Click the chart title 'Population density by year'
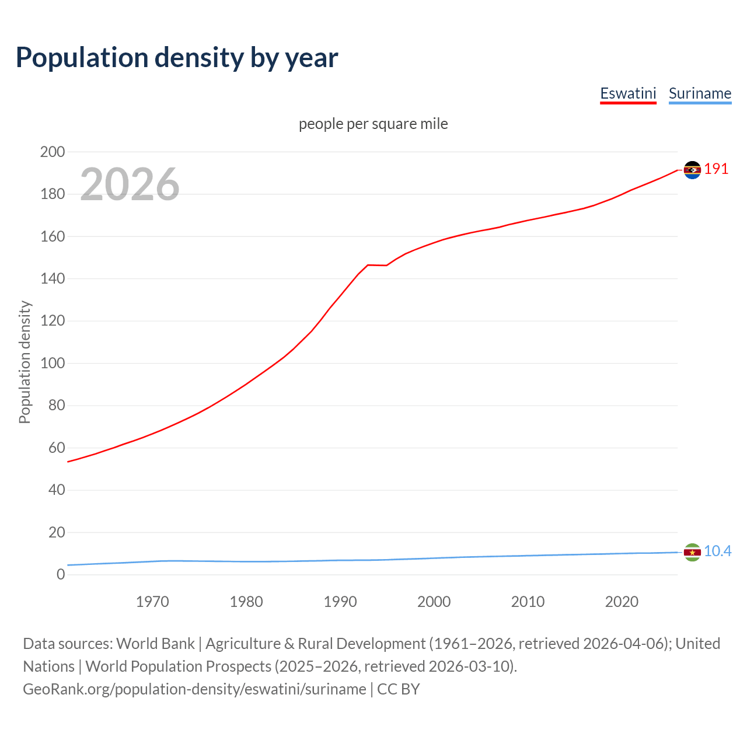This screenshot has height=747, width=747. [x=177, y=58]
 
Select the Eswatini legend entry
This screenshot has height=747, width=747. [x=628, y=93]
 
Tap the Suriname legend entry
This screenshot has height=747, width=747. [x=700, y=93]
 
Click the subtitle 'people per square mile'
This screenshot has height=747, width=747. [x=373, y=124]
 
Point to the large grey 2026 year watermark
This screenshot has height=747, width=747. [x=130, y=184]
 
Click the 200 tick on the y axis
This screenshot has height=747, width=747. [x=52, y=152]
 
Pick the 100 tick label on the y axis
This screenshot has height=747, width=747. [x=52, y=364]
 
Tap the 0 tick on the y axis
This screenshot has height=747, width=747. [x=61, y=575]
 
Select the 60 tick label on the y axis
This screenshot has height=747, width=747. [x=56, y=448]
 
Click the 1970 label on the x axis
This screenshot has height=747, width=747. [x=152, y=602]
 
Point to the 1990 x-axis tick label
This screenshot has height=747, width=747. [x=340, y=602]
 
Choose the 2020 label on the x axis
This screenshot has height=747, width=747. [x=622, y=602]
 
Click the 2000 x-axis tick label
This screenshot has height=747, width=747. [x=434, y=602]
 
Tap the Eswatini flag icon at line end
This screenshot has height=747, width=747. [x=692, y=170]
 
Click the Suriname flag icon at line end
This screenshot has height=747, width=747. [x=692, y=552]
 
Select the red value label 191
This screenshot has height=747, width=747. [x=716, y=169]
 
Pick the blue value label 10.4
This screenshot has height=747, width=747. [x=717, y=551]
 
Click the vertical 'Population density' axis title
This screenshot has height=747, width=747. [x=25, y=362]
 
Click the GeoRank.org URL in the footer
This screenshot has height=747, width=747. [x=194, y=689]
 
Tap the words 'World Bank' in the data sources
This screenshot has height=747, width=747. [x=155, y=644]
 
